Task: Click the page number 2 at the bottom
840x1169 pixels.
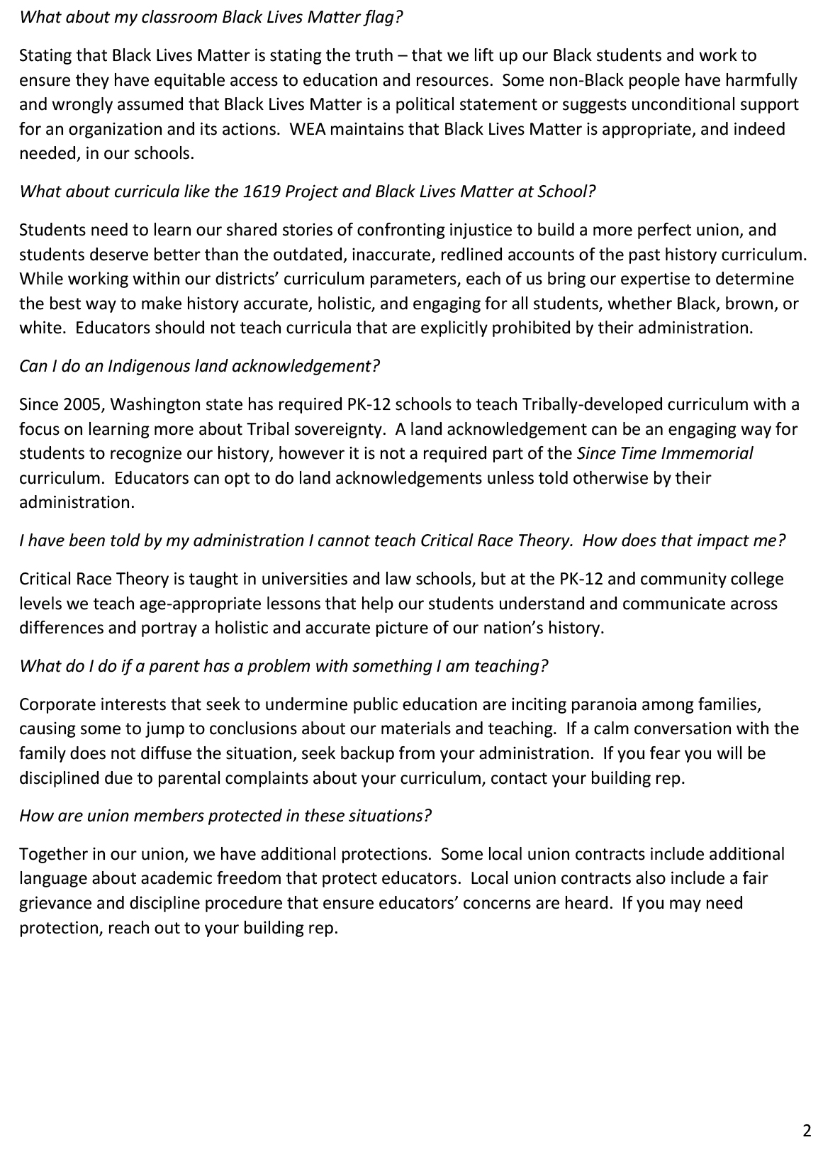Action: (807, 1131)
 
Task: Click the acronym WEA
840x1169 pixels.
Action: (306, 129)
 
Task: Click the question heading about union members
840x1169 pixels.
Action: (225, 816)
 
